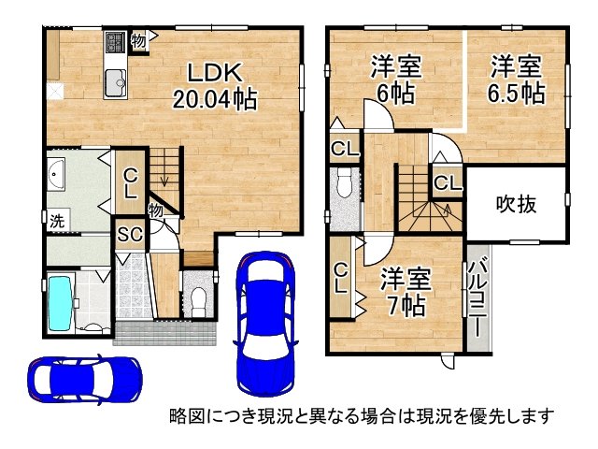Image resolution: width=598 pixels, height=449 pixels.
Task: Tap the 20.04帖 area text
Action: (x=215, y=99)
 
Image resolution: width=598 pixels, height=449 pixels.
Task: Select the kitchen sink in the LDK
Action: (x=115, y=82)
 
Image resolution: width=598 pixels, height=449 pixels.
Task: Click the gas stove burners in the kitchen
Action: (x=116, y=42)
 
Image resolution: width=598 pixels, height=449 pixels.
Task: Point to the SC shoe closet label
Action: (x=130, y=234)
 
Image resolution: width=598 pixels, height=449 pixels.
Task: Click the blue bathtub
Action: (x=61, y=303)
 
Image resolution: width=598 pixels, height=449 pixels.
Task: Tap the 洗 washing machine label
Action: (x=57, y=221)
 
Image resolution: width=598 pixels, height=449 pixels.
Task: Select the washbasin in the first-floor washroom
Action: (x=56, y=175)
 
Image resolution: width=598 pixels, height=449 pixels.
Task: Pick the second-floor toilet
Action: (x=345, y=181)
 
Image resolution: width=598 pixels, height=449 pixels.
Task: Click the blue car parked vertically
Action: (x=265, y=324)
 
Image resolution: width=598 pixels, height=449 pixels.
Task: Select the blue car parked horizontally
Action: (x=85, y=380)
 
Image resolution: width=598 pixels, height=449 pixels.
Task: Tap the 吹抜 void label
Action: (x=516, y=204)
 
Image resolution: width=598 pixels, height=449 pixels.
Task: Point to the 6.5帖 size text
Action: (x=517, y=93)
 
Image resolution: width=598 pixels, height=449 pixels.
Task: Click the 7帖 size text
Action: (x=406, y=305)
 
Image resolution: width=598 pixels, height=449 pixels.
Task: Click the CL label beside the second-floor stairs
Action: (x=448, y=183)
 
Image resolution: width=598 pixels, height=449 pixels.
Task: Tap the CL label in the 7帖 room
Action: (x=341, y=279)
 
